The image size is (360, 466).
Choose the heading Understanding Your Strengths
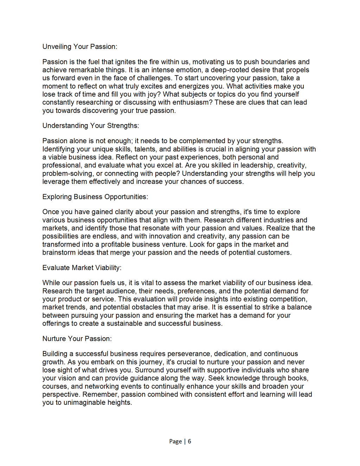(90, 126)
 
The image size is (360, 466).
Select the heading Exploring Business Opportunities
(95, 197)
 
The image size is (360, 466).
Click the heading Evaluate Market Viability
(82, 268)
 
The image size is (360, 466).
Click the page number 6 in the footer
(189, 441)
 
